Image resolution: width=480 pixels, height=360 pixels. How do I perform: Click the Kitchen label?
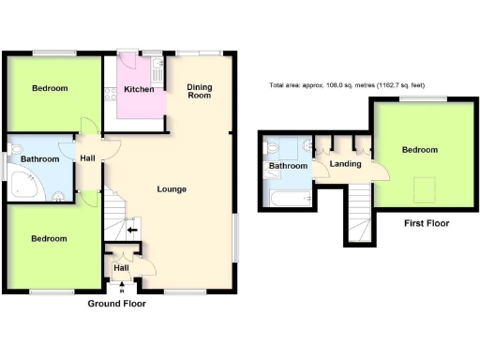tap(139, 89)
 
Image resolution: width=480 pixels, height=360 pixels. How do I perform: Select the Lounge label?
tap(172, 189)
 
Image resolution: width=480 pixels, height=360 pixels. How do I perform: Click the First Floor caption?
tap(427, 224)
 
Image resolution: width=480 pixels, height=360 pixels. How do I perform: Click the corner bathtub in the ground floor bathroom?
tap(23, 188)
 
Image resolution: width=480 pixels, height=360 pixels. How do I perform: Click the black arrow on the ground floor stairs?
tap(131, 227)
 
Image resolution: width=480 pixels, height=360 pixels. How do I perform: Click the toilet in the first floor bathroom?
tap(272, 148)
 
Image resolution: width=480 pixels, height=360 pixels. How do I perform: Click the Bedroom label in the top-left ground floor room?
tap(50, 89)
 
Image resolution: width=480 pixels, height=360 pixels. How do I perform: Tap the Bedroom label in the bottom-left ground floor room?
tap(50, 239)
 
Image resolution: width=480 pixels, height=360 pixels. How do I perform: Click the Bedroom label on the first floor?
tap(420, 150)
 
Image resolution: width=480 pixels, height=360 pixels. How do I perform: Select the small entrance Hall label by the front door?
tap(121, 268)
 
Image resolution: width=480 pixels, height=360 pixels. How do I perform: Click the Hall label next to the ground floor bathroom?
tap(87, 157)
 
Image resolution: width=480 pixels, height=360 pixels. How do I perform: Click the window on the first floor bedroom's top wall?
tap(433, 98)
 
